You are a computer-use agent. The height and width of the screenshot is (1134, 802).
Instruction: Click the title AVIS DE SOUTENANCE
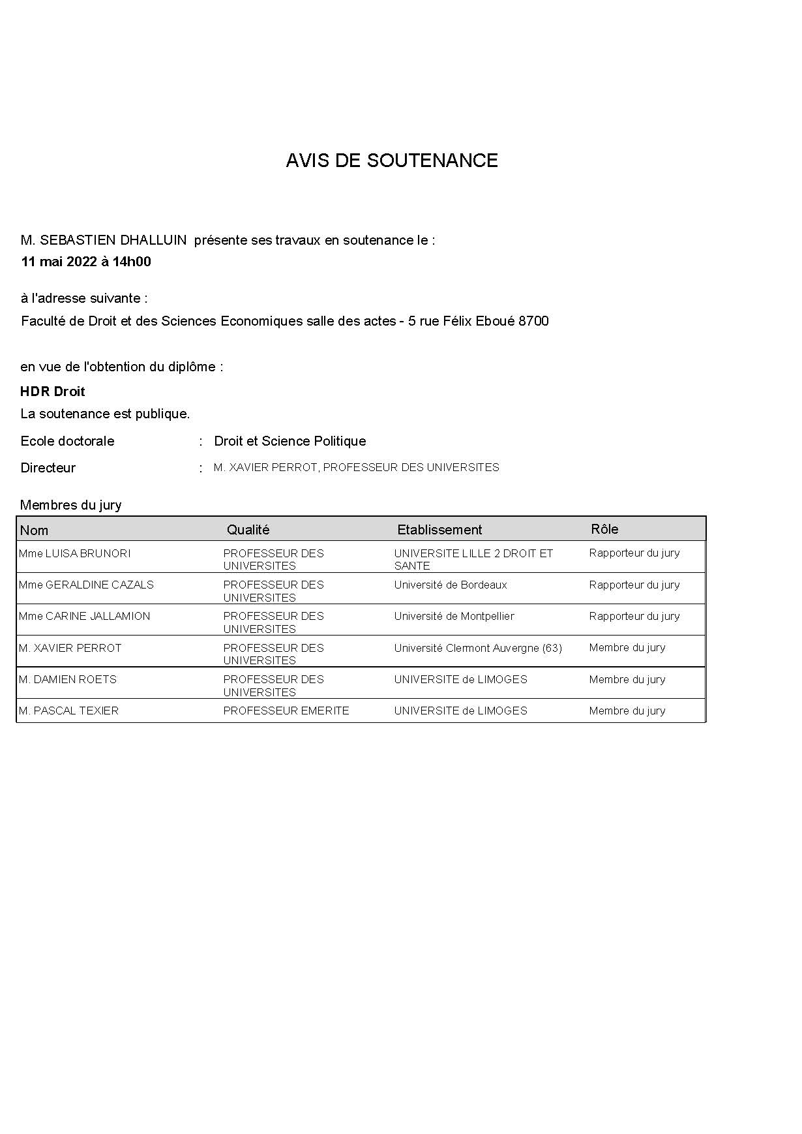(391, 161)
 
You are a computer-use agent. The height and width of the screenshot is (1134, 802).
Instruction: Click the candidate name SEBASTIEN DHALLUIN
(113, 240)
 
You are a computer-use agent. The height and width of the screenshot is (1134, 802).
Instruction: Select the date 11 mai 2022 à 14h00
(86, 262)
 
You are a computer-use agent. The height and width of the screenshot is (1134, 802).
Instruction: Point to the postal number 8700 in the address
(533, 321)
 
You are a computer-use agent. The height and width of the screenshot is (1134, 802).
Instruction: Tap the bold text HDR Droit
(53, 391)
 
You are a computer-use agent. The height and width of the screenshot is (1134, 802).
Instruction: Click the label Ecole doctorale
(67, 441)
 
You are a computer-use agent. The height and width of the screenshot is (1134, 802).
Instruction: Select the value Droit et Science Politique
(290, 441)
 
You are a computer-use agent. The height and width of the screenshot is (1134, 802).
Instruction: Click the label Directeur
(48, 468)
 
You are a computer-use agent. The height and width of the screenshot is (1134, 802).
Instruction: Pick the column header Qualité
(248, 530)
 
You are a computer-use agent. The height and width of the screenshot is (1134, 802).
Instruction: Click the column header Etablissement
(439, 530)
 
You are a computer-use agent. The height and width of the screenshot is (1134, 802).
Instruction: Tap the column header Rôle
(604, 529)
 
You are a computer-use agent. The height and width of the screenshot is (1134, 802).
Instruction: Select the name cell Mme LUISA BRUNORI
(74, 553)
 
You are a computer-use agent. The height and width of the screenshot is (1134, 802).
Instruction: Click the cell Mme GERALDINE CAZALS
(86, 585)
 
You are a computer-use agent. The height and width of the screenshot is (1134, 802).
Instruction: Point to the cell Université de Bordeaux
(450, 585)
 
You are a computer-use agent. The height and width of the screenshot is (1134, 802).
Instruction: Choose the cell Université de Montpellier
(454, 616)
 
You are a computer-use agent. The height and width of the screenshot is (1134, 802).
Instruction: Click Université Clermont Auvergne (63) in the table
(477, 648)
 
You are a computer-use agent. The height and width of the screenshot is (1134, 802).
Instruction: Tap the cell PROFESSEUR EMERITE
(286, 711)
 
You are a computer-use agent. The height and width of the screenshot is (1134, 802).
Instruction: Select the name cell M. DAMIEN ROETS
(68, 679)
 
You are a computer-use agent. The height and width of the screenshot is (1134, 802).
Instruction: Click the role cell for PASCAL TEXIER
(627, 711)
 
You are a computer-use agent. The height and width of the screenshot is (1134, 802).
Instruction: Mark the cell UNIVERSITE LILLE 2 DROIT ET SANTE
(473, 559)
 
